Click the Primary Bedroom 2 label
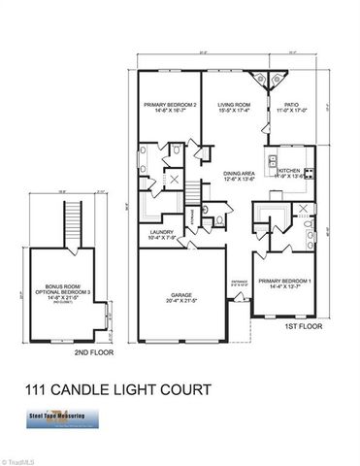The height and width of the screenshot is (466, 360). click(x=171, y=105)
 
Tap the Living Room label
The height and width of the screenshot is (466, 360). click(x=234, y=105)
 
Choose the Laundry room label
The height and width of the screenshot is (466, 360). click(x=161, y=232)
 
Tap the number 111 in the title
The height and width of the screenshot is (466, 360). click(x=38, y=393)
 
